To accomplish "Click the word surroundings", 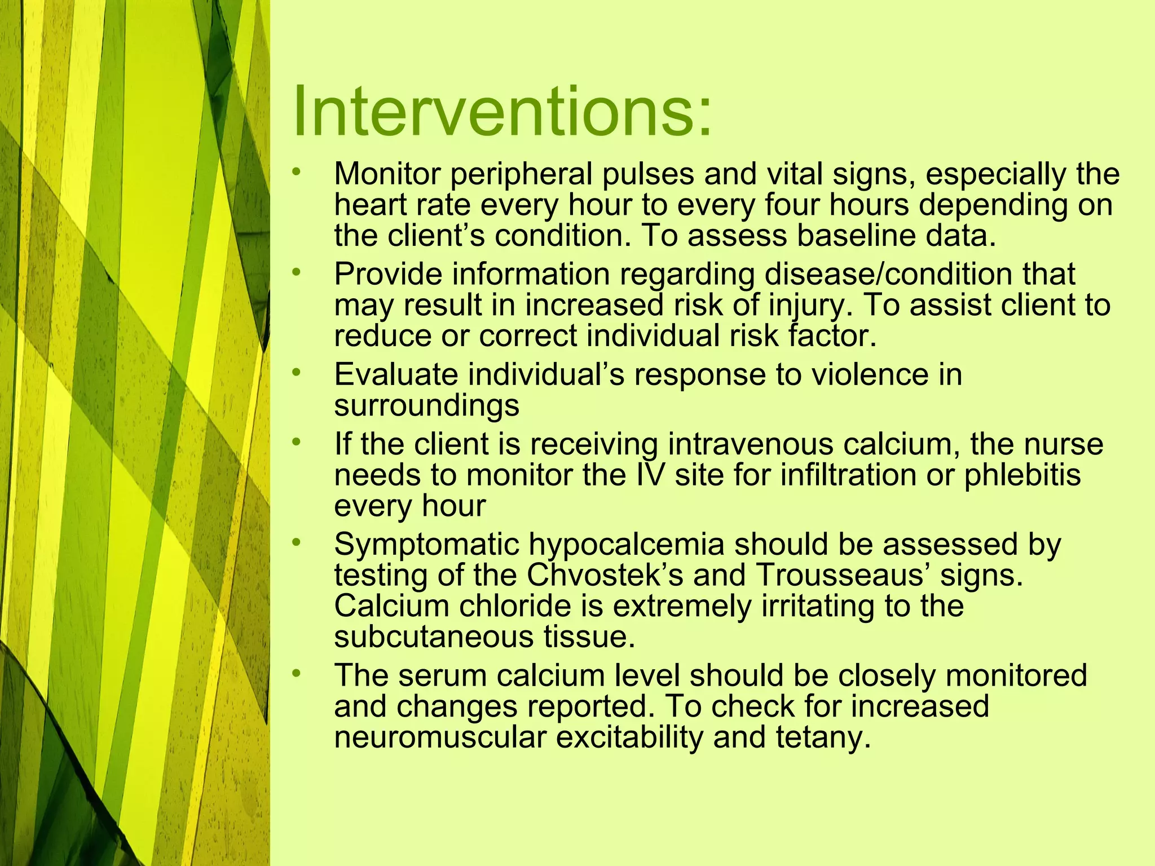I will point(426,406).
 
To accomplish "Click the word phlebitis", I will point(1022,475).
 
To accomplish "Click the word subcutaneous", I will point(433,637).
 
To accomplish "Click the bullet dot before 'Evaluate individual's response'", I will point(297,372).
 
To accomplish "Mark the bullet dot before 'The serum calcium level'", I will point(297,673).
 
